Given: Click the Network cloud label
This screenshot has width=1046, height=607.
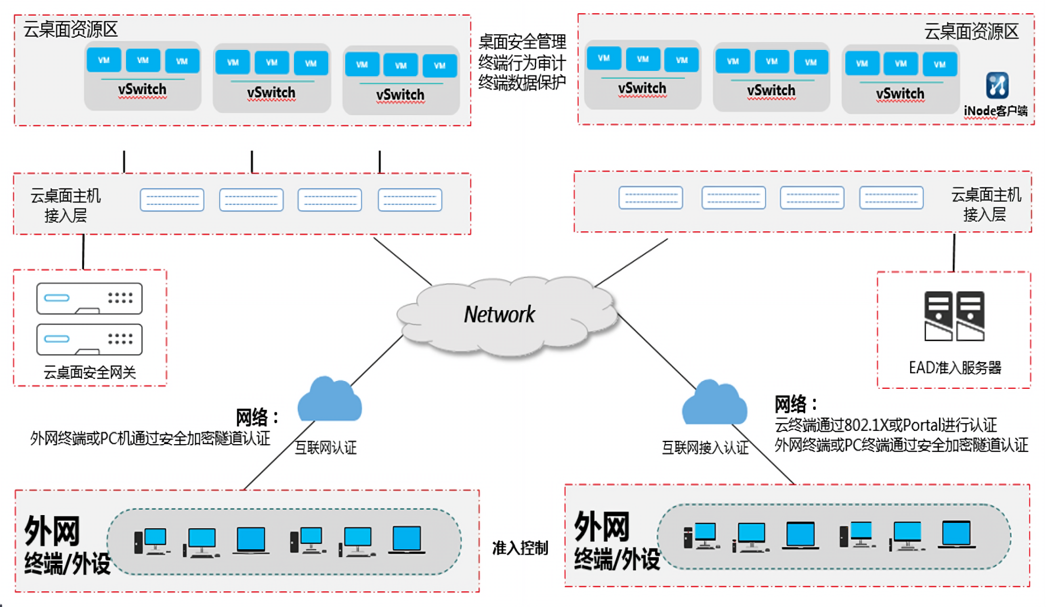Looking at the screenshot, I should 499,315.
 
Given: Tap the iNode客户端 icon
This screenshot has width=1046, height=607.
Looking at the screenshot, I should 997,85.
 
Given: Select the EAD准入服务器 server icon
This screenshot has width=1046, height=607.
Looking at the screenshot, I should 954,316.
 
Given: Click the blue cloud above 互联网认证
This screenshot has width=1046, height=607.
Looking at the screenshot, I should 329,399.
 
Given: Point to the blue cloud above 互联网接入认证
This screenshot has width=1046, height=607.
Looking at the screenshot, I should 714,403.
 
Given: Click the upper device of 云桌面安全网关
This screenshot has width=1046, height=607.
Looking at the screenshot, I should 89,298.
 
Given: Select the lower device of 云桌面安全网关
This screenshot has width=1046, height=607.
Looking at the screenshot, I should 89,339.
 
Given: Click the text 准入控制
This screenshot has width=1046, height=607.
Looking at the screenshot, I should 520,548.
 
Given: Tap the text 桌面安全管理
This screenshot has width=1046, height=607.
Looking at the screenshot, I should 522,42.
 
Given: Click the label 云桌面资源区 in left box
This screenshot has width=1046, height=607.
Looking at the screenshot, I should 70,30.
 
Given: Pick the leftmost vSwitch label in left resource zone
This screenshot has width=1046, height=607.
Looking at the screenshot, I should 142,89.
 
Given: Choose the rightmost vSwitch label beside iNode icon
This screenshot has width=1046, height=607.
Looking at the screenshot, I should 900,94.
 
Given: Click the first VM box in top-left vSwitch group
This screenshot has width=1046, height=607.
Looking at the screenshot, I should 104,60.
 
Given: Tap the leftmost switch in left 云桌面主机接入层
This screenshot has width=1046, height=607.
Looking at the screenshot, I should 172,200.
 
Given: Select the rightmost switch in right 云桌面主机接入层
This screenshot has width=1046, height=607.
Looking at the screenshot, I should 891,197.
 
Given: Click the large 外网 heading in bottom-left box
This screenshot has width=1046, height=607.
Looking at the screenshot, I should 52,531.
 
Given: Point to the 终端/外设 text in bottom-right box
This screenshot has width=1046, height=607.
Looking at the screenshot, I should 617,559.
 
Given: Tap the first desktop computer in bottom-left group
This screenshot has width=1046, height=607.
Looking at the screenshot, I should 151,541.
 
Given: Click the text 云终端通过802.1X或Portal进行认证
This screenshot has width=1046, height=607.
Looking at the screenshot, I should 885,425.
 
